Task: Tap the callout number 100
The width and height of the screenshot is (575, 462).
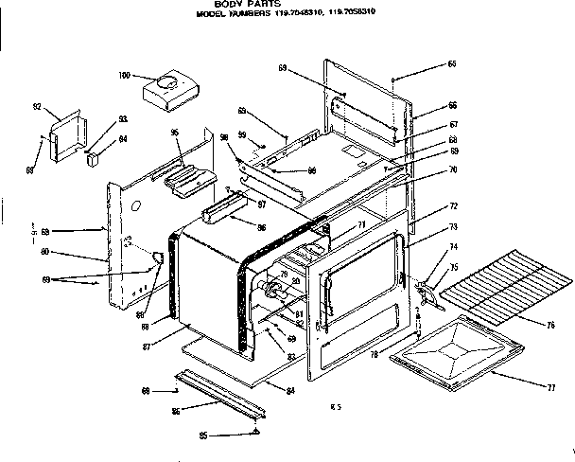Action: click(x=124, y=75)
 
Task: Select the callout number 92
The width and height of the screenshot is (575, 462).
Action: click(x=37, y=107)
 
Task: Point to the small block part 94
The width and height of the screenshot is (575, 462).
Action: click(x=93, y=159)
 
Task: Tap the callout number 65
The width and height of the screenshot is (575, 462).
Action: click(x=452, y=63)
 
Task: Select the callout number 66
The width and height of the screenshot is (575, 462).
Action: click(x=453, y=105)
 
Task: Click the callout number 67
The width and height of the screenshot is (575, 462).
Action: click(x=453, y=125)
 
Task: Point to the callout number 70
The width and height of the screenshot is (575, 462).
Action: click(x=453, y=169)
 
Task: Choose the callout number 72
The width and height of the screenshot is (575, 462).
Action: click(x=453, y=205)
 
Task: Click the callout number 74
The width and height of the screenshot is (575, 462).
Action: click(x=453, y=246)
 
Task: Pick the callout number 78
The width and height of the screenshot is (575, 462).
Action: click(x=375, y=354)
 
